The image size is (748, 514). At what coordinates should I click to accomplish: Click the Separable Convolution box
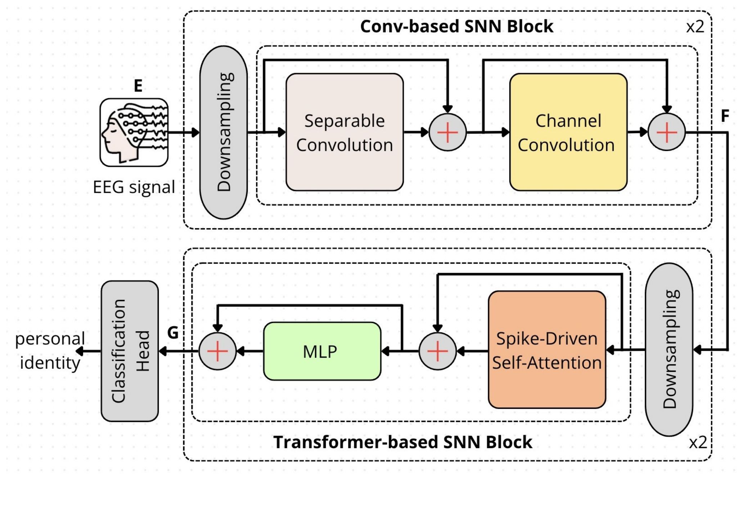click(x=344, y=132)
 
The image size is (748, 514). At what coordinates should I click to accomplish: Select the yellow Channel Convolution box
click(x=568, y=132)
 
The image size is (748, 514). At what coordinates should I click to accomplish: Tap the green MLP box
click(x=322, y=351)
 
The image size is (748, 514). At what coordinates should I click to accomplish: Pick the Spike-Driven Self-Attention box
click(x=547, y=350)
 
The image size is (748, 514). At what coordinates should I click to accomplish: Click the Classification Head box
click(x=130, y=351)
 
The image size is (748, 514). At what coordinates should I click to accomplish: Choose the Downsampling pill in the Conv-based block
click(x=224, y=132)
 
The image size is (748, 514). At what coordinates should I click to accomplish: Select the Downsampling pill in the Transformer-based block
click(x=669, y=349)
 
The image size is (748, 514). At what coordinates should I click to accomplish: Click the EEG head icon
click(x=134, y=133)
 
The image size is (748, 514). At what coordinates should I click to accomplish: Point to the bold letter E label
click(x=138, y=86)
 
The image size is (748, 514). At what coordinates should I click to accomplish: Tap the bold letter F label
click(x=725, y=116)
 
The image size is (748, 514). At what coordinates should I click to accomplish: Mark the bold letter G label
click(x=173, y=332)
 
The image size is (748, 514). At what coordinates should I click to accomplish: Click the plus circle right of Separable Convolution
click(x=447, y=132)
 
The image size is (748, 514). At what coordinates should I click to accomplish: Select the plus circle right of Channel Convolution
click(x=667, y=132)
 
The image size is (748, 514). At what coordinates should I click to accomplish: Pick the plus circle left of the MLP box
click(x=217, y=351)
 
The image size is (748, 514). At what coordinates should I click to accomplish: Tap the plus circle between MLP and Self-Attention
click(x=437, y=351)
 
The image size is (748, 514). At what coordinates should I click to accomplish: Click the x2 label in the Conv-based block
click(x=695, y=27)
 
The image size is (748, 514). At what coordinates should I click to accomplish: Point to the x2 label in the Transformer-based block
click(x=698, y=442)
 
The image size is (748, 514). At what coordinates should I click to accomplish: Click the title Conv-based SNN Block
click(x=456, y=26)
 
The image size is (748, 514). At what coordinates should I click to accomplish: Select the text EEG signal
click(x=134, y=187)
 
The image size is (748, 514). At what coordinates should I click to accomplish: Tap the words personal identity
click(x=50, y=350)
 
